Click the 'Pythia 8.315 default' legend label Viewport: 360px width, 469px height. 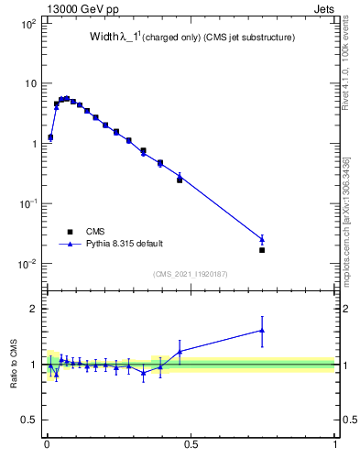tap(125, 245)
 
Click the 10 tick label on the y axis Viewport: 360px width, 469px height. tap(29, 83)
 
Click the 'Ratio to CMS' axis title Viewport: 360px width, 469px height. tap(14, 365)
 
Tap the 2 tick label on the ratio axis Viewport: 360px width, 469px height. tap(33, 309)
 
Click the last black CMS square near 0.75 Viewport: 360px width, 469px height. tap(262, 250)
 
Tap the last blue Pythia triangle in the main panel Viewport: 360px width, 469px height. tap(262, 240)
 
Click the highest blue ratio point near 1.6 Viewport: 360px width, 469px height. tap(262, 331)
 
